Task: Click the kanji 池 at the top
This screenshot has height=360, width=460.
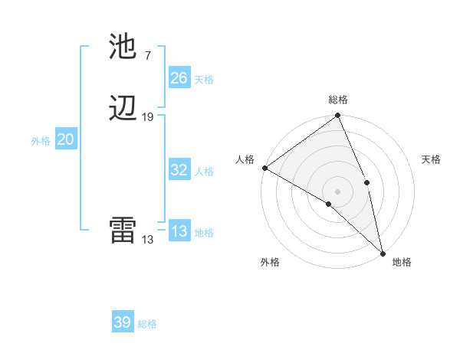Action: [x=123, y=48]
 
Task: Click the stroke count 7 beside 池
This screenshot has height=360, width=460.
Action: [x=147, y=55]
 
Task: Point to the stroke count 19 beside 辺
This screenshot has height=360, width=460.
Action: [x=148, y=116]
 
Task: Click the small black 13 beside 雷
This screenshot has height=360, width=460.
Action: [x=147, y=239]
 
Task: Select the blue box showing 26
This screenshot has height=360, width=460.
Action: [x=179, y=78]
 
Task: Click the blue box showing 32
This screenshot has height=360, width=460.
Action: [x=179, y=170]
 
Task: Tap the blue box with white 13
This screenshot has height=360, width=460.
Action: [x=179, y=231]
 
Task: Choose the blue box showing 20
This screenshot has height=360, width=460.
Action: [x=66, y=139]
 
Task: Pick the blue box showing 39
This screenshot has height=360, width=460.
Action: [x=123, y=322]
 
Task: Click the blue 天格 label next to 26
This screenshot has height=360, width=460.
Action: [x=204, y=80]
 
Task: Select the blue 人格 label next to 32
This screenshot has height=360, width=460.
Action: [x=204, y=172]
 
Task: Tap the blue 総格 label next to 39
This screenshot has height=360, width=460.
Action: [x=147, y=324]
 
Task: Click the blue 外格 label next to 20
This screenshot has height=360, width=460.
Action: [x=41, y=141]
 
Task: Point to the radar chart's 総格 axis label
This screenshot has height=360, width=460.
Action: [x=338, y=99]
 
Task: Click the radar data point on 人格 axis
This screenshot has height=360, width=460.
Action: [x=264, y=168]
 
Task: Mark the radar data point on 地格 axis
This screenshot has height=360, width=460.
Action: [x=382, y=252]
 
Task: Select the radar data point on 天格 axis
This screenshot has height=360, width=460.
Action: [x=366, y=182]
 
